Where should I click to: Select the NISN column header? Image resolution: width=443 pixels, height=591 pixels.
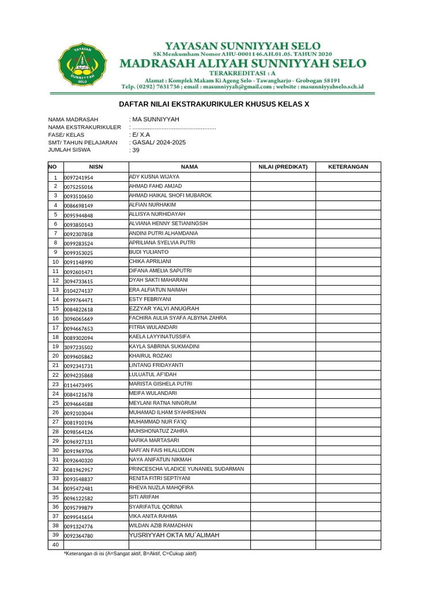coord(95,167)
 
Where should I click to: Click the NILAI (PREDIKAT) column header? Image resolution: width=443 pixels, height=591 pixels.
coord(283,167)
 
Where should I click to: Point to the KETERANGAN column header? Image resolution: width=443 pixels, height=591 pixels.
coord(348,167)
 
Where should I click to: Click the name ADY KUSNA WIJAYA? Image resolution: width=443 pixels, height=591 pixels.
coord(154,177)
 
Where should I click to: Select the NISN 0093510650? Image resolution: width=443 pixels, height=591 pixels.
coord(78,196)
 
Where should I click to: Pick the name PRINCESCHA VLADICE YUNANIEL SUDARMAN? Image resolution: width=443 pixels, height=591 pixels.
coord(186,469)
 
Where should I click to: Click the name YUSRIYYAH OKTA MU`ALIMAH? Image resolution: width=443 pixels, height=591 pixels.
coord(174,535)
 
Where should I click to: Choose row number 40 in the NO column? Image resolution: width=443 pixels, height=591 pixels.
coord(56,545)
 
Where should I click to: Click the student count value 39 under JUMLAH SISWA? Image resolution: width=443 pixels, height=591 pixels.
coord(136,150)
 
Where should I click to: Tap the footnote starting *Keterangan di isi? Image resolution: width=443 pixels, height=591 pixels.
coord(130,553)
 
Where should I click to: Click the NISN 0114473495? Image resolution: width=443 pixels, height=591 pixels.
coord(78,385)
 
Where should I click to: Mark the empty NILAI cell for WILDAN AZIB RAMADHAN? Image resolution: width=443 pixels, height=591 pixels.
coord(283,526)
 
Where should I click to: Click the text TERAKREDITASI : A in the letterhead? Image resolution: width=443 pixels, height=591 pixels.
coord(242,73)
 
